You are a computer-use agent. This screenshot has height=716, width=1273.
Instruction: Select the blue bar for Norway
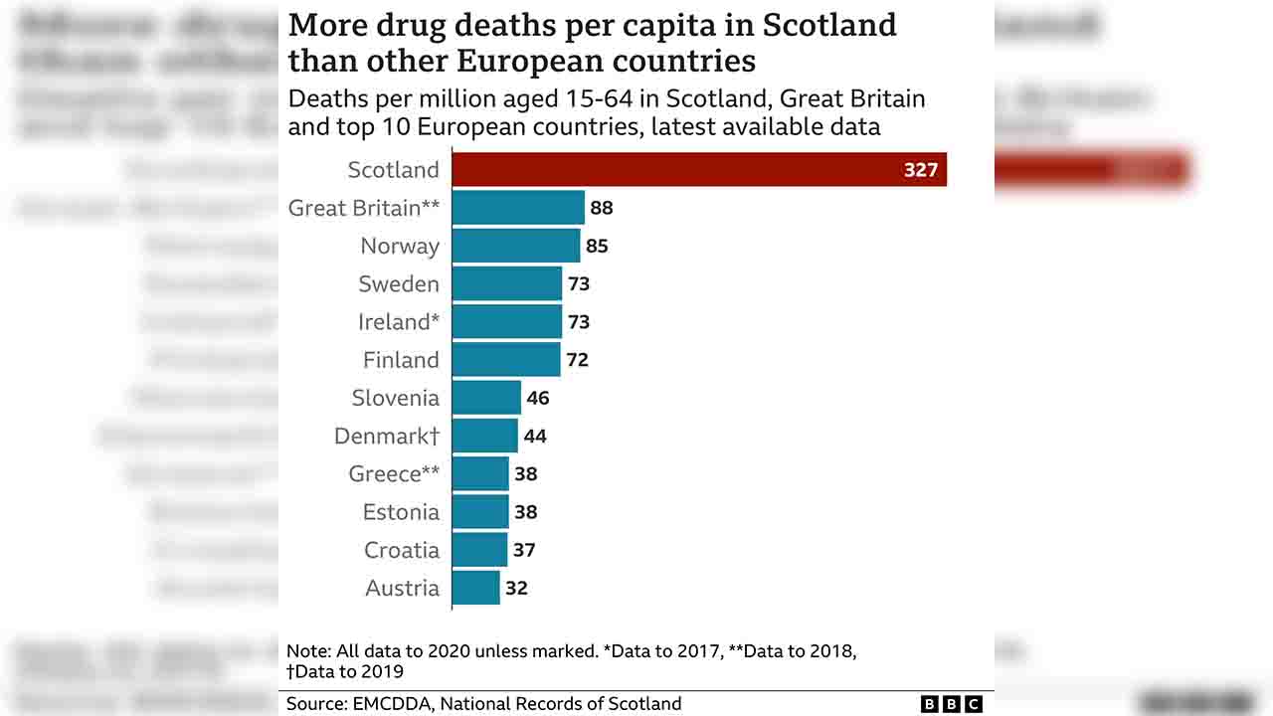[515, 246]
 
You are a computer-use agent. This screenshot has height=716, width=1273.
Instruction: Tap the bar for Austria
[475, 588]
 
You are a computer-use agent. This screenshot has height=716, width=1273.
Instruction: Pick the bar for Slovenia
[486, 398]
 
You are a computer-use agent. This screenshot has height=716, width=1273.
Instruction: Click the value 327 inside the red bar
[920, 170]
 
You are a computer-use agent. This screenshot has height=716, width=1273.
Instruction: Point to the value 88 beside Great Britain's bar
[601, 208]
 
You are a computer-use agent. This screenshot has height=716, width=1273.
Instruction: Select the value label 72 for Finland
[577, 360]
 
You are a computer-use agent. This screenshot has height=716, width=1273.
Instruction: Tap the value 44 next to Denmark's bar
[535, 436]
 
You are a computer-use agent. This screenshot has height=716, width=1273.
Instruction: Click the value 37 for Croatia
[523, 550]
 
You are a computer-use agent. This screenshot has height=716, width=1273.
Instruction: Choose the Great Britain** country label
[363, 208]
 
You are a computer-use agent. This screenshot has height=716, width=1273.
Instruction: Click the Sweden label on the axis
[398, 284]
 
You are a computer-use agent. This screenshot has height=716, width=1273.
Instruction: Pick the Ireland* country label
[398, 322]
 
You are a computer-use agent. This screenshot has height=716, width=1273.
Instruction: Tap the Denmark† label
[386, 437]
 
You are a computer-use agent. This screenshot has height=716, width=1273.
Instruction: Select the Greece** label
[393, 474]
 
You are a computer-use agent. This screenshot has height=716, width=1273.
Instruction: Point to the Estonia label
[400, 512]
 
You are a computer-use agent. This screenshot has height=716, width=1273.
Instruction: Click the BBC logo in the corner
[951, 704]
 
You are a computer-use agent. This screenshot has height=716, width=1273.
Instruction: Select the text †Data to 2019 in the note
[345, 671]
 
